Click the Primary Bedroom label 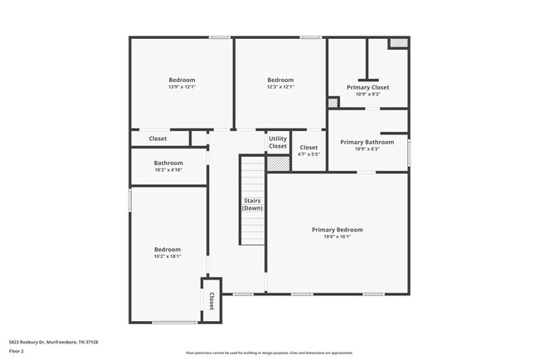(337, 230)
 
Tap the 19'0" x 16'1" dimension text (337, 236)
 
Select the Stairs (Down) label (252, 204)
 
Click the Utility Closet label (278, 143)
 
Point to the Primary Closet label (367, 87)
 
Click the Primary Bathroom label (367, 142)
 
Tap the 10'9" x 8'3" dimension (367, 148)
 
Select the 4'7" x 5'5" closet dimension (308, 154)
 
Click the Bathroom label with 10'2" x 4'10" (168, 163)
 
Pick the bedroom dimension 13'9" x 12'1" (182, 86)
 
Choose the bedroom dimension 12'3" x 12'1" (280, 86)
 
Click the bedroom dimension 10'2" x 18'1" (168, 256)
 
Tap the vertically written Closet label (211, 300)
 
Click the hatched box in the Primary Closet (399, 43)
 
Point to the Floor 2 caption (17, 351)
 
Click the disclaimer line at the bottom (269, 353)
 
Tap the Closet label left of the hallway (158, 139)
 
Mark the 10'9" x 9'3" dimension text (367, 94)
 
